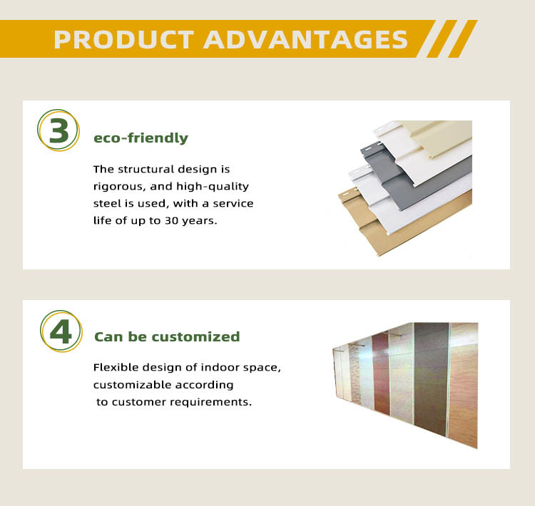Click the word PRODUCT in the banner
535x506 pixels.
pyautogui.click(x=124, y=40)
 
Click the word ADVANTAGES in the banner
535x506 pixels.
pyautogui.click(x=305, y=40)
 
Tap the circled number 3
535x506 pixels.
pyautogui.click(x=58, y=130)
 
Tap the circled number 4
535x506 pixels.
pyautogui.click(x=61, y=331)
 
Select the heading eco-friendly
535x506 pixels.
pyautogui.click(x=141, y=138)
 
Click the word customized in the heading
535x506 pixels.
pyautogui.click(x=195, y=336)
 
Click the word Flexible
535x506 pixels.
pyautogui.click(x=116, y=367)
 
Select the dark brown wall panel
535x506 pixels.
pyautogui.click(x=431, y=378)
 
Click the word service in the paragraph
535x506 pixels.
pyautogui.click(x=233, y=204)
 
